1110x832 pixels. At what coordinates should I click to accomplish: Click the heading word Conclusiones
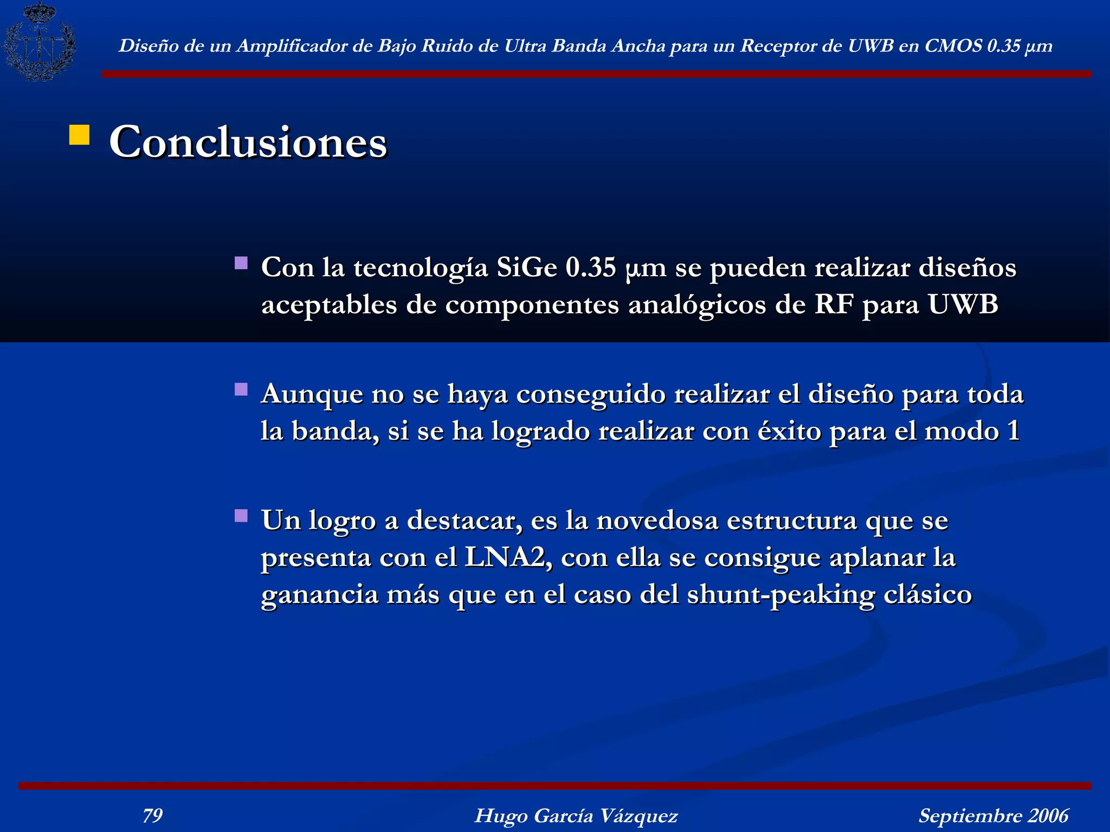point(248,141)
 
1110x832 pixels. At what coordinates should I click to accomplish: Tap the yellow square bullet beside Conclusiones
point(79,135)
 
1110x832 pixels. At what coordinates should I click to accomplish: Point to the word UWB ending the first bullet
point(963,304)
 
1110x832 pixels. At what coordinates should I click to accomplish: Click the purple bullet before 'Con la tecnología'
point(241,263)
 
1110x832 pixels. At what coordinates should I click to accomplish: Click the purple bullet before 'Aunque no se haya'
point(241,389)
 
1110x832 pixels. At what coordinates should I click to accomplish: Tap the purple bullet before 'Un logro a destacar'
point(241,515)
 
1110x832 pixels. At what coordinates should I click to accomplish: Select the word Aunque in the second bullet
point(312,394)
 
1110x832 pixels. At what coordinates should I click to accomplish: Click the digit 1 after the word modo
point(1013,431)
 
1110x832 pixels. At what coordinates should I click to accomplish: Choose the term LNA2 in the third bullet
point(507,557)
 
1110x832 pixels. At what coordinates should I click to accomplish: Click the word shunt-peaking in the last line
point(781,595)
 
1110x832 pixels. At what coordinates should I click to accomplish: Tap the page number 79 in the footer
point(153,815)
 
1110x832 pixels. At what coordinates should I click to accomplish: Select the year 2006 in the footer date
point(1048,815)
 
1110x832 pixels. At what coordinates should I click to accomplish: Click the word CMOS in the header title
point(953,46)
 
